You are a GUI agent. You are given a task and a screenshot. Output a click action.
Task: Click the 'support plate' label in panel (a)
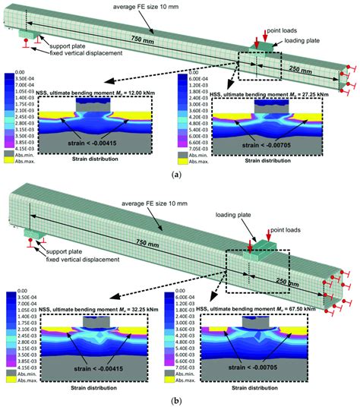[60, 37]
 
